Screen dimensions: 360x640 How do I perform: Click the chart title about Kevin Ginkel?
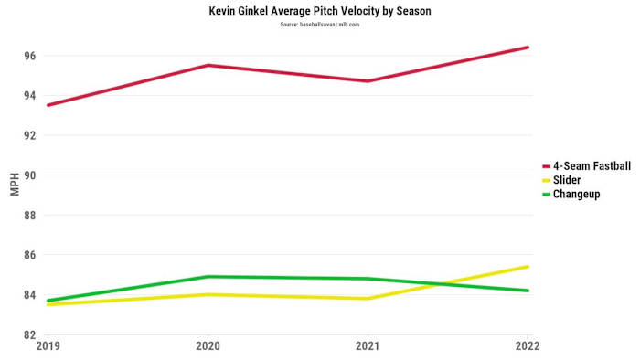point(320,12)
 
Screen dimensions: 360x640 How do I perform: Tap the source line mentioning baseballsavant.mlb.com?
point(320,25)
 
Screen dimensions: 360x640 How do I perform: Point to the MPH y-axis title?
point(14,183)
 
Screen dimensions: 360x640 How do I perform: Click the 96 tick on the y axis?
point(29,56)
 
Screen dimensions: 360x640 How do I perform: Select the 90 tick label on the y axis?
point(29,175)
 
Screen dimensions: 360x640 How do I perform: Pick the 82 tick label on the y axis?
point(29,334)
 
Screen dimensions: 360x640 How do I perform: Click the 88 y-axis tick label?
point(29,215)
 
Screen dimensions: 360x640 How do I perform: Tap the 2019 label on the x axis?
point(48,346)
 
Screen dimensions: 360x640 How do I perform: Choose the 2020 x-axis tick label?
point(208,346)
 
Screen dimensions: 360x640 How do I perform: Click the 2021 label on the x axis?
point(368,346)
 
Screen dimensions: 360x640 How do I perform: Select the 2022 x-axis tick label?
point(527,346)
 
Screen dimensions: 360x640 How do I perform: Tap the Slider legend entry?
point(567,180)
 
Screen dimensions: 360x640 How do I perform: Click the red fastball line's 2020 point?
point(208,65)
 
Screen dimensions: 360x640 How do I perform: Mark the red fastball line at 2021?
point(368,81)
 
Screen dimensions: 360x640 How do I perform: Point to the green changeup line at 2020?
point(208,277)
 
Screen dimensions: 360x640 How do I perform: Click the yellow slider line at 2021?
point(368,299)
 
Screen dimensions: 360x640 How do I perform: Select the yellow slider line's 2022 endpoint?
point(528,267)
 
